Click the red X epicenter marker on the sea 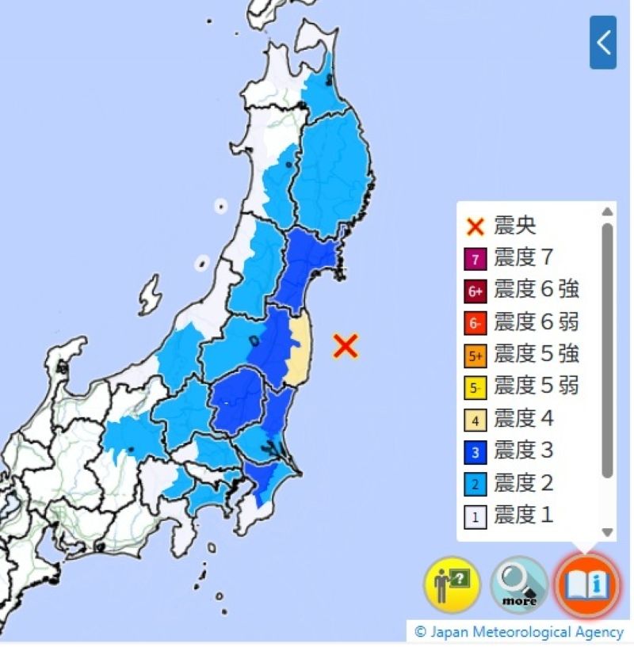pos(346,345)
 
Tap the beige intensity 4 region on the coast pos(300,348)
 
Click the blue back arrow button pos(603,42)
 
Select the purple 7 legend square pos(475,259)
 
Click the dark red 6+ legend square pos(475,291)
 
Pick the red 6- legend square pos(475,323)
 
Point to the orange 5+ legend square pos(475,356)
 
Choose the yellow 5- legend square pos(475,388)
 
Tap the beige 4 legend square pos(475,420)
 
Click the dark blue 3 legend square pos(475,452)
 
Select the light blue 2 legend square pos(475,484)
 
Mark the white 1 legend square pos(475,516)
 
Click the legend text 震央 pos(514,226)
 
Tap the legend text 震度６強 pos(536,290)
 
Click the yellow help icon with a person pos(452,585)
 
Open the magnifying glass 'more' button pos(519,585)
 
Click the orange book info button pos(585,585)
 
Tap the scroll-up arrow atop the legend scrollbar pos(607,211)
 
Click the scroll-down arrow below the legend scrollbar pos(607,532)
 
